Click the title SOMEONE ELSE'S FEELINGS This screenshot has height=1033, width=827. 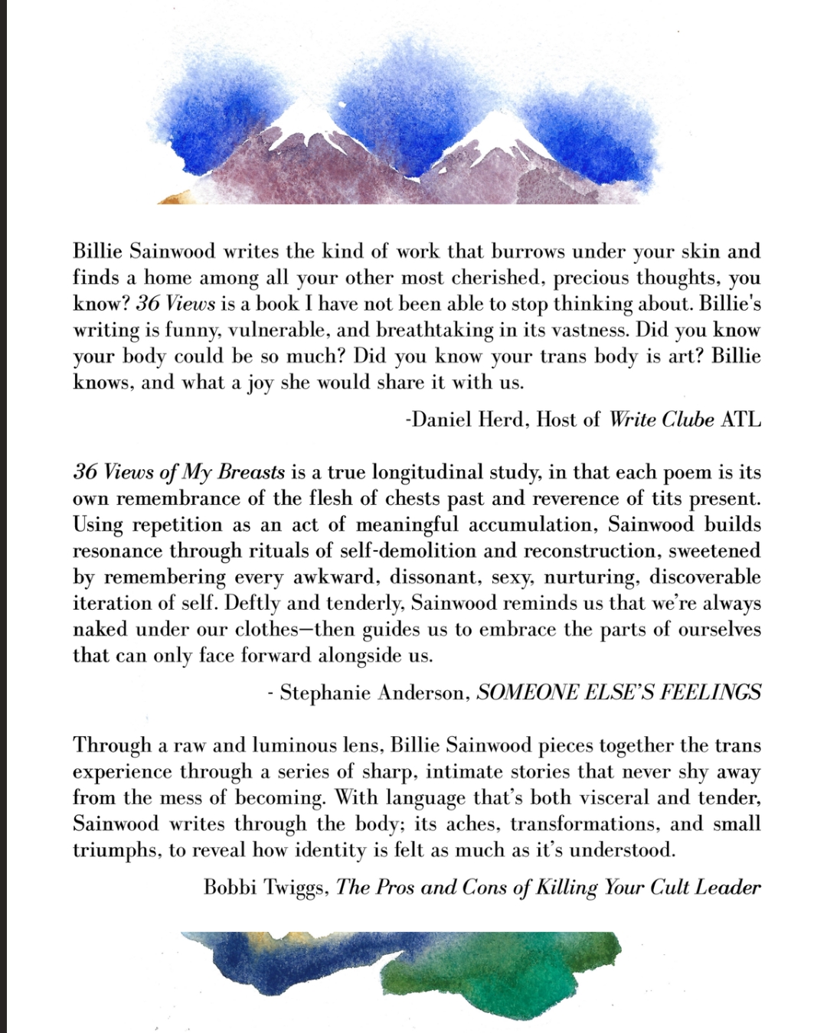[619, 693]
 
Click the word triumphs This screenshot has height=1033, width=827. [115, 850]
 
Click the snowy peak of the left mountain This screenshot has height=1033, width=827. [302, 122]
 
